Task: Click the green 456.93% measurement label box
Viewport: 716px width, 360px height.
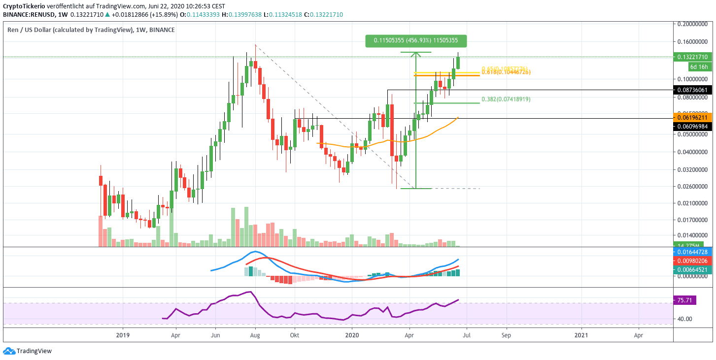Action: (415, 41)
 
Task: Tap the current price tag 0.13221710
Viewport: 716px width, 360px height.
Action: (692, 57)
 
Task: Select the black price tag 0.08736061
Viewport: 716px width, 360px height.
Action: (692, 90)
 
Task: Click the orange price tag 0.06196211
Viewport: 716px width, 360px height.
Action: (692, 118)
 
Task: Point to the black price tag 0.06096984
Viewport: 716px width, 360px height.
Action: (692, 127)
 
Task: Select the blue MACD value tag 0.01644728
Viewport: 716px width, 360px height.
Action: (692, 252)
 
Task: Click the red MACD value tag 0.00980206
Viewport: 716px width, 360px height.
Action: (692, 261)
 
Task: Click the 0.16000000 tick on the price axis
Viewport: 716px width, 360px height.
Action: (693, 42)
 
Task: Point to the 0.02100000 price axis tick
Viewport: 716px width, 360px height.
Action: (693, 203)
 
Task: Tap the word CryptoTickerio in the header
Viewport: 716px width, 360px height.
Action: (24, 6)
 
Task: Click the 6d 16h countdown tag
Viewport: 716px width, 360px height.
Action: (699, 66)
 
